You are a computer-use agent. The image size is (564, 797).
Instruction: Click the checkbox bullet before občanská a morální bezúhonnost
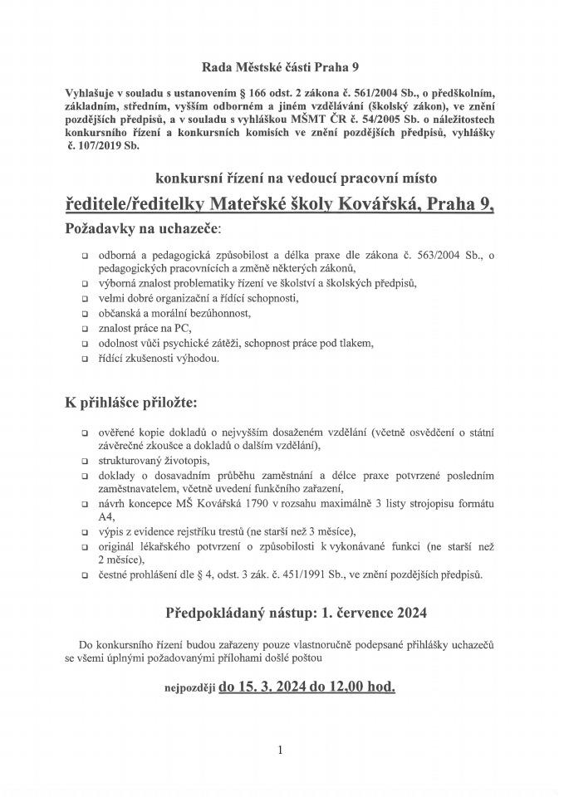pos(86,314)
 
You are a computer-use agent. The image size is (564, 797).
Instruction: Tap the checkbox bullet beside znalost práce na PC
pos(86,329)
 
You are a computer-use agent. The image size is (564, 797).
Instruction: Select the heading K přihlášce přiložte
pos(133,403)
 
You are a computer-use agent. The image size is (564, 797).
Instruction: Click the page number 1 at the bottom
pos(281,751)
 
